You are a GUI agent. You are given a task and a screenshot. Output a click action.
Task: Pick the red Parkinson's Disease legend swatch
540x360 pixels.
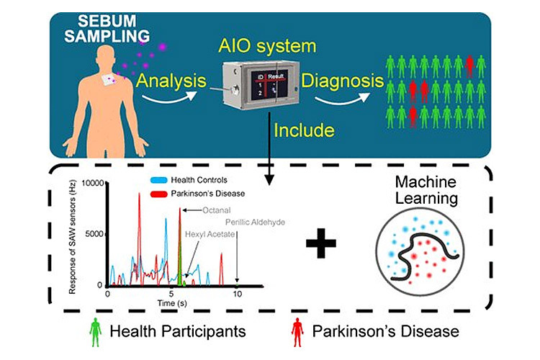pos(158,194)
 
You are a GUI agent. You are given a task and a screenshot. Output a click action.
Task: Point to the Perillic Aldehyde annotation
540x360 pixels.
pos(255,222)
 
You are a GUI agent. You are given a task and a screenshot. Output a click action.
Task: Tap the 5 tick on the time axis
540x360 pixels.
pos(171,294)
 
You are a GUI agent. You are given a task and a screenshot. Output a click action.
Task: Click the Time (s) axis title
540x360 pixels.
pos(173,305)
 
